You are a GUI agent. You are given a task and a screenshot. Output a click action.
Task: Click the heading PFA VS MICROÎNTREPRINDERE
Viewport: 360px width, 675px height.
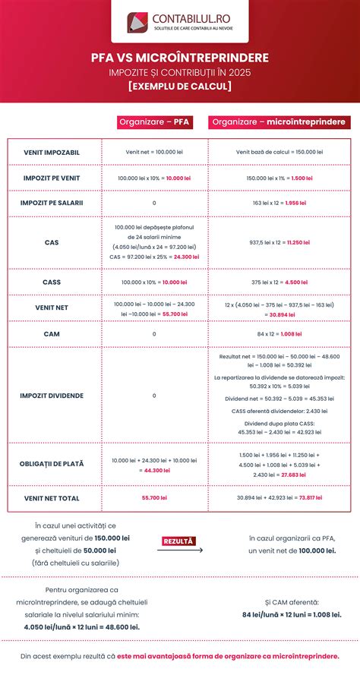[180, 58]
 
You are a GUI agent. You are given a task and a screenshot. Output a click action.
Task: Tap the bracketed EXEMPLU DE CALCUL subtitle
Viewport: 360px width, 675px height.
[180, 86]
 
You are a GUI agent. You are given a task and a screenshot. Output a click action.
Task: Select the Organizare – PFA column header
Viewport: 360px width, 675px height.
[154, 121]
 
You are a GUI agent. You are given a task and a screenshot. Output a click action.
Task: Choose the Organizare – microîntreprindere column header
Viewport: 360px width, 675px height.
[279, 121]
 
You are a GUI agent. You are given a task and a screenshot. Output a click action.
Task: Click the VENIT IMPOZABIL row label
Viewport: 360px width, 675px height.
[52, 153]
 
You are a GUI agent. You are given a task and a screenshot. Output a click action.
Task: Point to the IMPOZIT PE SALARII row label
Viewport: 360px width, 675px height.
[52, 203]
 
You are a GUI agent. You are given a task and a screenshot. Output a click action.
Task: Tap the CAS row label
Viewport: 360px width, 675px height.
[52, 243]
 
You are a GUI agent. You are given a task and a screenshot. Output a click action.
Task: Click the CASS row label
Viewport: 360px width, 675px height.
[52, 282]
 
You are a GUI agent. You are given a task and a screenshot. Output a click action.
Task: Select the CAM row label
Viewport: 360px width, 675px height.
[52, 333]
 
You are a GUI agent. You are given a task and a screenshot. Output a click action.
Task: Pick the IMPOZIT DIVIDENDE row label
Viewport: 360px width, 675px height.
[52, 396]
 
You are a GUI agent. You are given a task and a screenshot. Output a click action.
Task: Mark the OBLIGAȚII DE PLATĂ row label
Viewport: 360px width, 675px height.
[52, 464]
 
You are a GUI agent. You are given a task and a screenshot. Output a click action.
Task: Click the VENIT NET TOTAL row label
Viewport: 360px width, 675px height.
[52, 498]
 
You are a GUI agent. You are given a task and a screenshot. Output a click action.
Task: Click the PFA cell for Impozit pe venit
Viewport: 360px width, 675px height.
[154, 178]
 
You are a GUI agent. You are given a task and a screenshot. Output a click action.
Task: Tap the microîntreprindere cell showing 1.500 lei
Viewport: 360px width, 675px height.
[279, 178]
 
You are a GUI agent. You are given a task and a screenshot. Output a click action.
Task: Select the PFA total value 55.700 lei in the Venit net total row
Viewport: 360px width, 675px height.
[154, 498]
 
